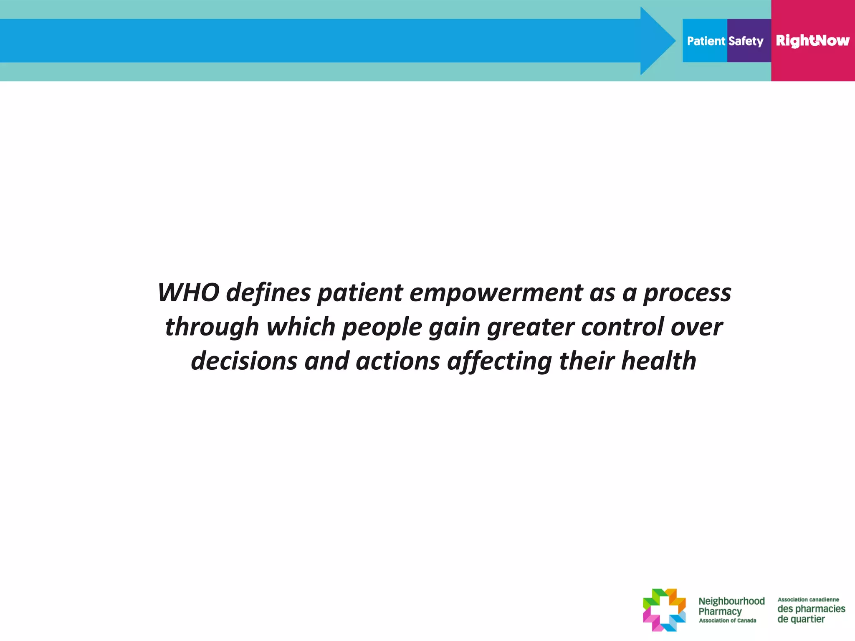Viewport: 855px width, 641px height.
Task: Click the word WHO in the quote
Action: (188, 293)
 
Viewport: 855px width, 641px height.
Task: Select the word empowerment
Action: (496, 293)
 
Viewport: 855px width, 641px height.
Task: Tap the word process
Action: (687, 293)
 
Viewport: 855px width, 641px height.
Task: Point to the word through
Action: (212, 327)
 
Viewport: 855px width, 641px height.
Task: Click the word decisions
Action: (243, 361)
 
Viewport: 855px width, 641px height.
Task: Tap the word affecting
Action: (499, 362)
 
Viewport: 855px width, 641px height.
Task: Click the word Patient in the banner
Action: (706, 41)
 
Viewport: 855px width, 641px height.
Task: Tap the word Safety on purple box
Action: (746, 41)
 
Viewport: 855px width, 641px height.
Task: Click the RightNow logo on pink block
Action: (812, 40)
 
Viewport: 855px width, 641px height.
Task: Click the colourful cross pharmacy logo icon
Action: (664, 610)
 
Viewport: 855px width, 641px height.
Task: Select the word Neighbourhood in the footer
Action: (731, 601)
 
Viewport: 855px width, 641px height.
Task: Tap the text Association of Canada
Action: (727, 621)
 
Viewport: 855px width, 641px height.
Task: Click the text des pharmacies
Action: (811, 609)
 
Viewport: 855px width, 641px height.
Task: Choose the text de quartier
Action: (801, 619)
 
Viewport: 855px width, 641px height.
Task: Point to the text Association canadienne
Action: (808, 600)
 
